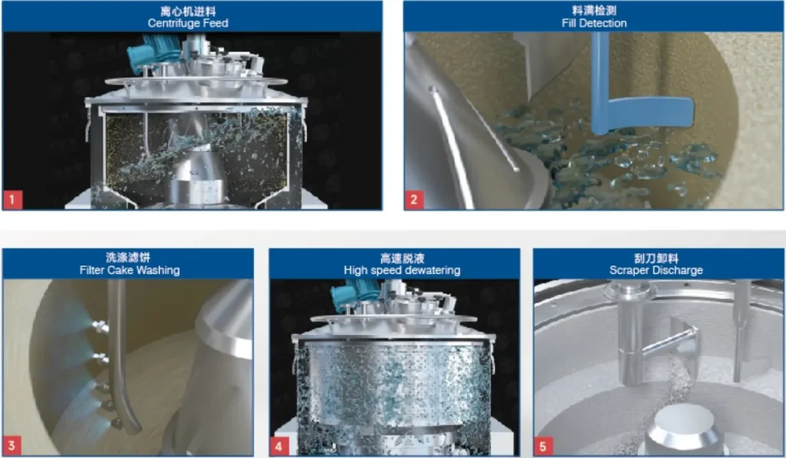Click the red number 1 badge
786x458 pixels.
12,200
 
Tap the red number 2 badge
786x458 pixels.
414,199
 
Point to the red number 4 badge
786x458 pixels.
279,446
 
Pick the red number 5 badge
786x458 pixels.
543,446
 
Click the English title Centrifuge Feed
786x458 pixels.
188,23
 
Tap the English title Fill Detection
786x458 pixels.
594,23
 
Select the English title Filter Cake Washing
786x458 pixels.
129,270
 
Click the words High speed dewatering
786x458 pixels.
402,270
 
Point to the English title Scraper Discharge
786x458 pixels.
656,270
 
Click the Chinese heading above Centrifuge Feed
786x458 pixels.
188,11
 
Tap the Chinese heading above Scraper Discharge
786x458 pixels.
656,259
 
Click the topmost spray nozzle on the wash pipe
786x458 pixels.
101,327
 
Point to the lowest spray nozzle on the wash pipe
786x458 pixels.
116,423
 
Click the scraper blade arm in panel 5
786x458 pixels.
669,340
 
